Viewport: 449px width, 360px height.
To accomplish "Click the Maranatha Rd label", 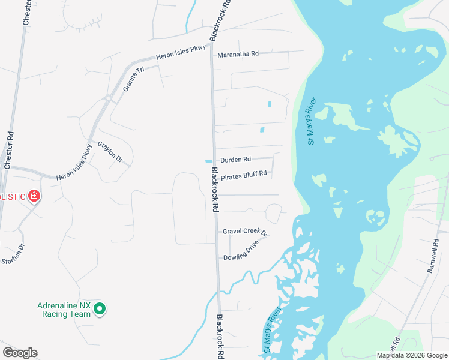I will point(238,53).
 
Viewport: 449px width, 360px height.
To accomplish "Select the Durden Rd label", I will point(235,160).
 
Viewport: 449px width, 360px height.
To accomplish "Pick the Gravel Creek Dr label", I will point(244,232).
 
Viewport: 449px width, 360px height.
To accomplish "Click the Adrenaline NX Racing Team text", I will point(63,310).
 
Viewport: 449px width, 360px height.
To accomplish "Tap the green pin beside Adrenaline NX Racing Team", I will point(100,310).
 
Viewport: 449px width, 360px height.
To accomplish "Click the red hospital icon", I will point(34,196).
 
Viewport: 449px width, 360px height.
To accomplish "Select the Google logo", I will point(20,353).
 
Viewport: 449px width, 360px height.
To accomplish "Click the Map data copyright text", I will point(412,355).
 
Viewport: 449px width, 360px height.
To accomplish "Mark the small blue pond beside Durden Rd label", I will point(208,161).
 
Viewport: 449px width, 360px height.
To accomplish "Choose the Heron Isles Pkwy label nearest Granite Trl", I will point(181,56).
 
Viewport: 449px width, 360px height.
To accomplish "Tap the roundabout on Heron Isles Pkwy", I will point(107,98).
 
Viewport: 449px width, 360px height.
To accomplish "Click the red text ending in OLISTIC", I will point(12,197).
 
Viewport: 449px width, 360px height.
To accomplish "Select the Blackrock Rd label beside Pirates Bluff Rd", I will point(214,188).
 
